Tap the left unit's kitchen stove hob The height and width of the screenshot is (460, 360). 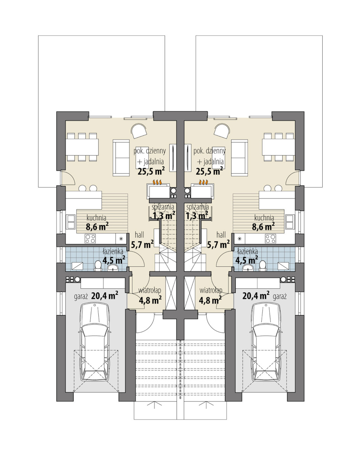(90, 238)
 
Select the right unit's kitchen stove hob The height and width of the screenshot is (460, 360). (270, 238)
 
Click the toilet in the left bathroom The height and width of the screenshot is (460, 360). (98, 266)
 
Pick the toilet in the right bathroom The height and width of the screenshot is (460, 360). (263, 266)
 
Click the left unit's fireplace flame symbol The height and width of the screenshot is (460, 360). (157, 182)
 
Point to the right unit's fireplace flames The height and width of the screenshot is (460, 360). (203, 182)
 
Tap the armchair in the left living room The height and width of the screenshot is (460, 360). (139, 132)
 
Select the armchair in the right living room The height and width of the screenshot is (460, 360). (222, 132)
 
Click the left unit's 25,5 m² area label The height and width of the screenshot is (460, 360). (151, 171)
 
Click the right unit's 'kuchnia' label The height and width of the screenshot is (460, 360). (264, 218)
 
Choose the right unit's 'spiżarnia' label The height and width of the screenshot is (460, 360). (198, 207)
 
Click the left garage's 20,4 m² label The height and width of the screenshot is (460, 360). (104, 296)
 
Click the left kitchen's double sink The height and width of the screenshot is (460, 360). (71, 222)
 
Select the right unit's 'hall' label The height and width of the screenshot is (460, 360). (221, 235)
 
